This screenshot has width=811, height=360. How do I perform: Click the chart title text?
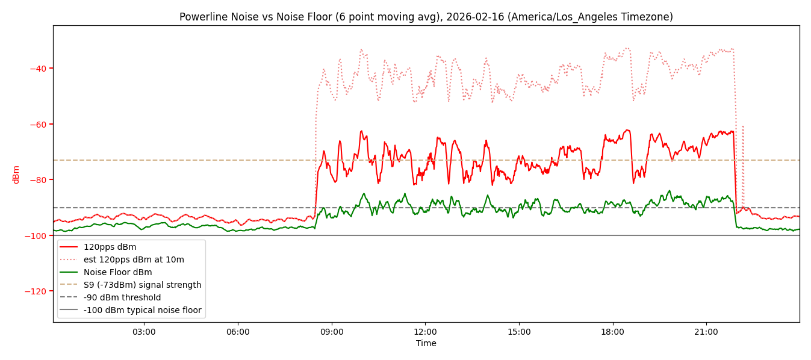tap(426, 17)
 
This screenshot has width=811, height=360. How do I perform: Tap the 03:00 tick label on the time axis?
tap(144, 332)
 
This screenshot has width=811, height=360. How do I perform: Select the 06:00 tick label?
tap(238, 332)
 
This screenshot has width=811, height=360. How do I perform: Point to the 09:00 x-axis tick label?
tap(332, 332)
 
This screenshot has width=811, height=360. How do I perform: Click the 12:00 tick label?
tap(425, 332)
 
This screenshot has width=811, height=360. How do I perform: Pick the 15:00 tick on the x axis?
tap(519, 332)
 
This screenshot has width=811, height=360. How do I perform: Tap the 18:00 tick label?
tap(612, 332)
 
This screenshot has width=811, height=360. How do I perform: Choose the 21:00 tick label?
tap(706, 332)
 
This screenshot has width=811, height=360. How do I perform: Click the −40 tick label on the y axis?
tap(38, 69)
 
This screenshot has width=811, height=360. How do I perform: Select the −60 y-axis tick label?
tap(38, 125)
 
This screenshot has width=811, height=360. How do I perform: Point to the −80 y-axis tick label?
tap(38, 180)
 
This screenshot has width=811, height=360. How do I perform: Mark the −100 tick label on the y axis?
tap(36, 235)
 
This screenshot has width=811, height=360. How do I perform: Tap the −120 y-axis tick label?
tap(36, 291)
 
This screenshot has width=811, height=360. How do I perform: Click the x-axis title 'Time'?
tap(426, 343)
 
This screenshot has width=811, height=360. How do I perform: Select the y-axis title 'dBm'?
tap(16, 174)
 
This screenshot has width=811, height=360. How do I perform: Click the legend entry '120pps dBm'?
tap(110, 247)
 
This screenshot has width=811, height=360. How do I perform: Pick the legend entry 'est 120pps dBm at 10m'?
tap(134, 259)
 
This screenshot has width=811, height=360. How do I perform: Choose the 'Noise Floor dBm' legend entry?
tap(117, 272)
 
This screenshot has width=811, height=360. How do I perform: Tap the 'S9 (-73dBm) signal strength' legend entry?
tap(142, 285)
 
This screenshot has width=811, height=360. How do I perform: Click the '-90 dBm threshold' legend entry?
tap(122, 297)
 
